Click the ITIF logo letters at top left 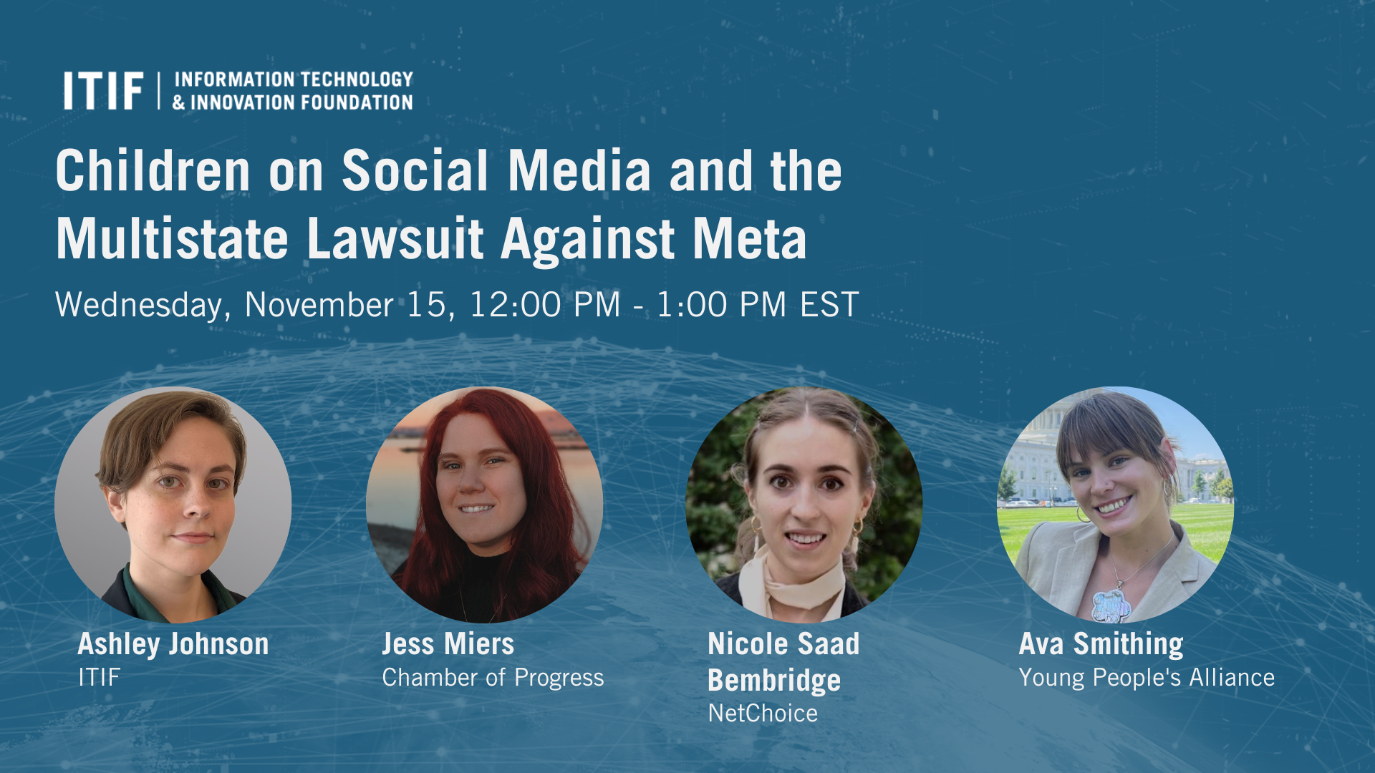103,91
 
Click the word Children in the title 153,171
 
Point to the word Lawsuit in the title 395,239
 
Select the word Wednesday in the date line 142,306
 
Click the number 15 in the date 428,305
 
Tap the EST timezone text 829,305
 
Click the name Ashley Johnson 173,644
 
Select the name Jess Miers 448,644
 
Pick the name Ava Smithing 1101,644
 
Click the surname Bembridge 774,681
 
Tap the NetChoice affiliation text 763,714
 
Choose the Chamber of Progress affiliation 493,678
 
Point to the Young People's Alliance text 1147,678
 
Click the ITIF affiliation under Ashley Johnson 99,677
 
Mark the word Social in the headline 415,171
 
